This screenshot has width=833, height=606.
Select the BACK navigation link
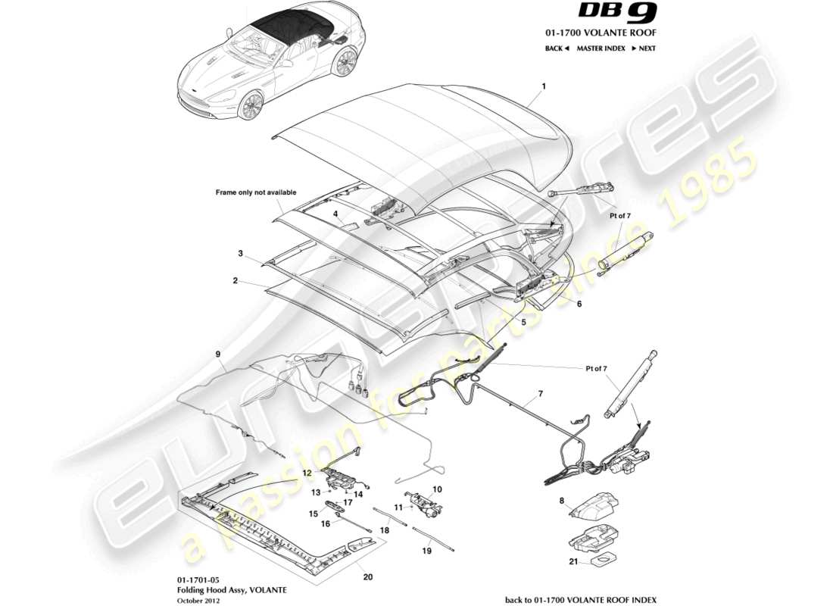[556, 48]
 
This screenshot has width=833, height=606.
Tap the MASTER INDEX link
[600, 48]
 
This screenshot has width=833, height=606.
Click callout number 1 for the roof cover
[543, 87]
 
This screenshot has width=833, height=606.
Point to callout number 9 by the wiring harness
[218, 354]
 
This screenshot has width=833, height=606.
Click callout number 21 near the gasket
[571, 562]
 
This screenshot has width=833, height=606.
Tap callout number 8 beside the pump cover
[562, 501]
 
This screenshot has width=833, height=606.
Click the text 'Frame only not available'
[256, 193]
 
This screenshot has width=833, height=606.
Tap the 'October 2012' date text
[198, 600]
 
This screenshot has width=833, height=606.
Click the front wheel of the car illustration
[251, 106]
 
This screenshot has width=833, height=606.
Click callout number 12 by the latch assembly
[307, 472]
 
